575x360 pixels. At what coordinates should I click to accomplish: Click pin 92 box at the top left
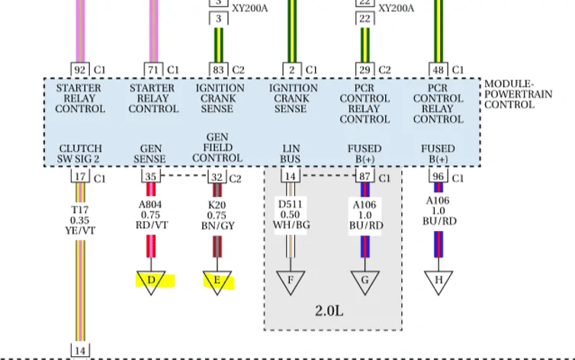[80, 69]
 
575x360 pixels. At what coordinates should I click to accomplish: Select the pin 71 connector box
[153, 69]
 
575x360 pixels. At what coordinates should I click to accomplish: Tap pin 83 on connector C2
[219, 69]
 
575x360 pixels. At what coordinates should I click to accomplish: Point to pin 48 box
[438, 69]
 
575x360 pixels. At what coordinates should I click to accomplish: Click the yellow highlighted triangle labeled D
[151, 281]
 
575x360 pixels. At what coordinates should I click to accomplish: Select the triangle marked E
[217, 281]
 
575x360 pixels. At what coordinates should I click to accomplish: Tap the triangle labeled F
[291, 281]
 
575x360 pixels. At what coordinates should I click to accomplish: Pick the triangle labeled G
[365, 281]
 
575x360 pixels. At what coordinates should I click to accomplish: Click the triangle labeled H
[438, 281]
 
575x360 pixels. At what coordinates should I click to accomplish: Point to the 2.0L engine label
[329, 311]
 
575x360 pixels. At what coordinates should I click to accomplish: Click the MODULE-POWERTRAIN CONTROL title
[518, 95]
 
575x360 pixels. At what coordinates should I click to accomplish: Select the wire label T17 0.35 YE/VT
[80, 220]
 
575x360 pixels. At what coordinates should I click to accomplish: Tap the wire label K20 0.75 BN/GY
[217, 215]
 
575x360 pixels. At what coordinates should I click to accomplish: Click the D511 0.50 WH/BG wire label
[291, 214]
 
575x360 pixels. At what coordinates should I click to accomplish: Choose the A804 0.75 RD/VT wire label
[151, 214]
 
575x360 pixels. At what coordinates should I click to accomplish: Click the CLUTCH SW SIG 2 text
[80, 153]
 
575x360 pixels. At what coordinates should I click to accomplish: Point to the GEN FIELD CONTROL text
[217, 147]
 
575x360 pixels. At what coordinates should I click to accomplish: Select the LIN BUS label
[291, 153]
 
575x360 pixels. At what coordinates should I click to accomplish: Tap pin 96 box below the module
[438, 176]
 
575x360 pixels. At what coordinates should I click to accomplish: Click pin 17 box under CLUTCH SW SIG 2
[80, 176]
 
